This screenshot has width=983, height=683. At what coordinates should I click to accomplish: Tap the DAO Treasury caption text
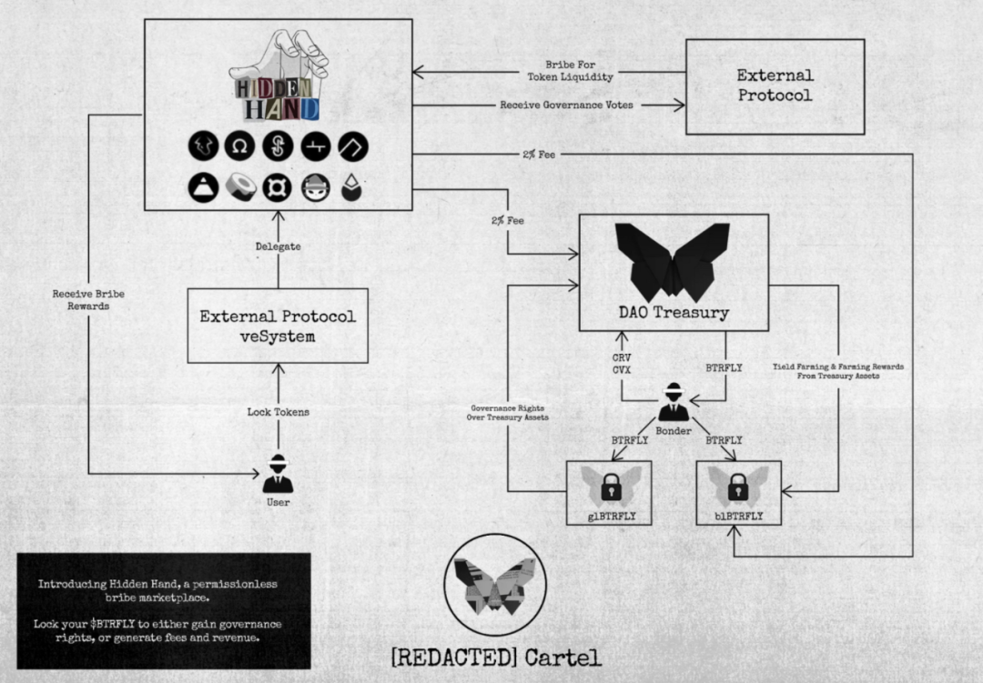point(673,314)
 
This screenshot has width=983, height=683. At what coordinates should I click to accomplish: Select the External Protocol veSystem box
point(278,326)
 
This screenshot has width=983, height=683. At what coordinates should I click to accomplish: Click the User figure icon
point(278,475)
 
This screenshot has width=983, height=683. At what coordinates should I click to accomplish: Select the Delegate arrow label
point(278,246)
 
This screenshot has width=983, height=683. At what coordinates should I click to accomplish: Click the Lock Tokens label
point(278,412)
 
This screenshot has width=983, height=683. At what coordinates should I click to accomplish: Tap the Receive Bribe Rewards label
point(86,300)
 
